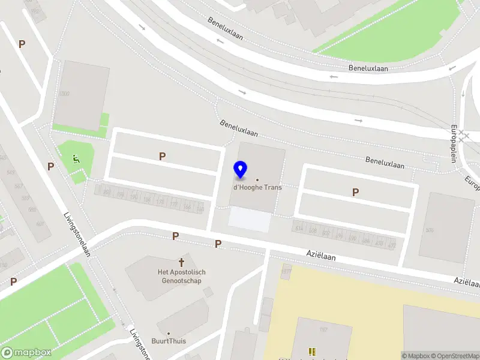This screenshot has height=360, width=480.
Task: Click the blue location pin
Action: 240,170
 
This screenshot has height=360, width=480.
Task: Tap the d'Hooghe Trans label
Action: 257,187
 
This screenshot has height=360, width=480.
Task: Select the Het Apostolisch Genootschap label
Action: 181,276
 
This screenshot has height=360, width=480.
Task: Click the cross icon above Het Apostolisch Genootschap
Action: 181,262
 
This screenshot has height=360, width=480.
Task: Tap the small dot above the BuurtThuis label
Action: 169,333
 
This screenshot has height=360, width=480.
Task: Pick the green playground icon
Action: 76,159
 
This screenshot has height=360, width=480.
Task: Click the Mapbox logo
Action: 26,353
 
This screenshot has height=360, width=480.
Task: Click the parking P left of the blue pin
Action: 162,157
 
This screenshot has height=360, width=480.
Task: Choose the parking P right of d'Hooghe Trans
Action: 356,192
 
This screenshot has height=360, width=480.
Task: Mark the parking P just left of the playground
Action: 51,166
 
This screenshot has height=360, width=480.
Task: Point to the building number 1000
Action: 64,94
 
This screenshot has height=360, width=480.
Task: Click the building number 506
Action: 429,230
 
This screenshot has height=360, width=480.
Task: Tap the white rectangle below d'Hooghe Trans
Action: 250,220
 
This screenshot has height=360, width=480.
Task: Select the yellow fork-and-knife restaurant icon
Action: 311,352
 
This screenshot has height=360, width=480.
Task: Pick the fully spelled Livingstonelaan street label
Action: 78,235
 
